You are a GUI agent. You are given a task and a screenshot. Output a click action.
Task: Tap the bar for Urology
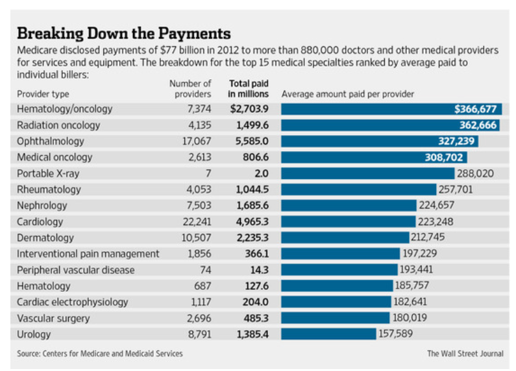328,334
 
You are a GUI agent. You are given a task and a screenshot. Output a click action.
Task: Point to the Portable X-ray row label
49,173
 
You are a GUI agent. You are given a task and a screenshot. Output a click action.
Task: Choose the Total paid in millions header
248,88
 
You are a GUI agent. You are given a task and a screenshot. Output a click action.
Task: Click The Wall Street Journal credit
465,353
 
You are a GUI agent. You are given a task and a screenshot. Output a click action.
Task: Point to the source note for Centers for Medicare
100,353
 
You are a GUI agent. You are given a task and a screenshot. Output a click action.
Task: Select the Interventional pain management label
88,254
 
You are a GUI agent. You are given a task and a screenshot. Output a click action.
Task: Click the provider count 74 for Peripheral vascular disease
204,270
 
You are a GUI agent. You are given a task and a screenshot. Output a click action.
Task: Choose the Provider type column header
43,94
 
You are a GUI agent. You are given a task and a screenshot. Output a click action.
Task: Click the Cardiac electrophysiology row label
72,302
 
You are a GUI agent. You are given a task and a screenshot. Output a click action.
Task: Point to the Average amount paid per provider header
348,94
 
